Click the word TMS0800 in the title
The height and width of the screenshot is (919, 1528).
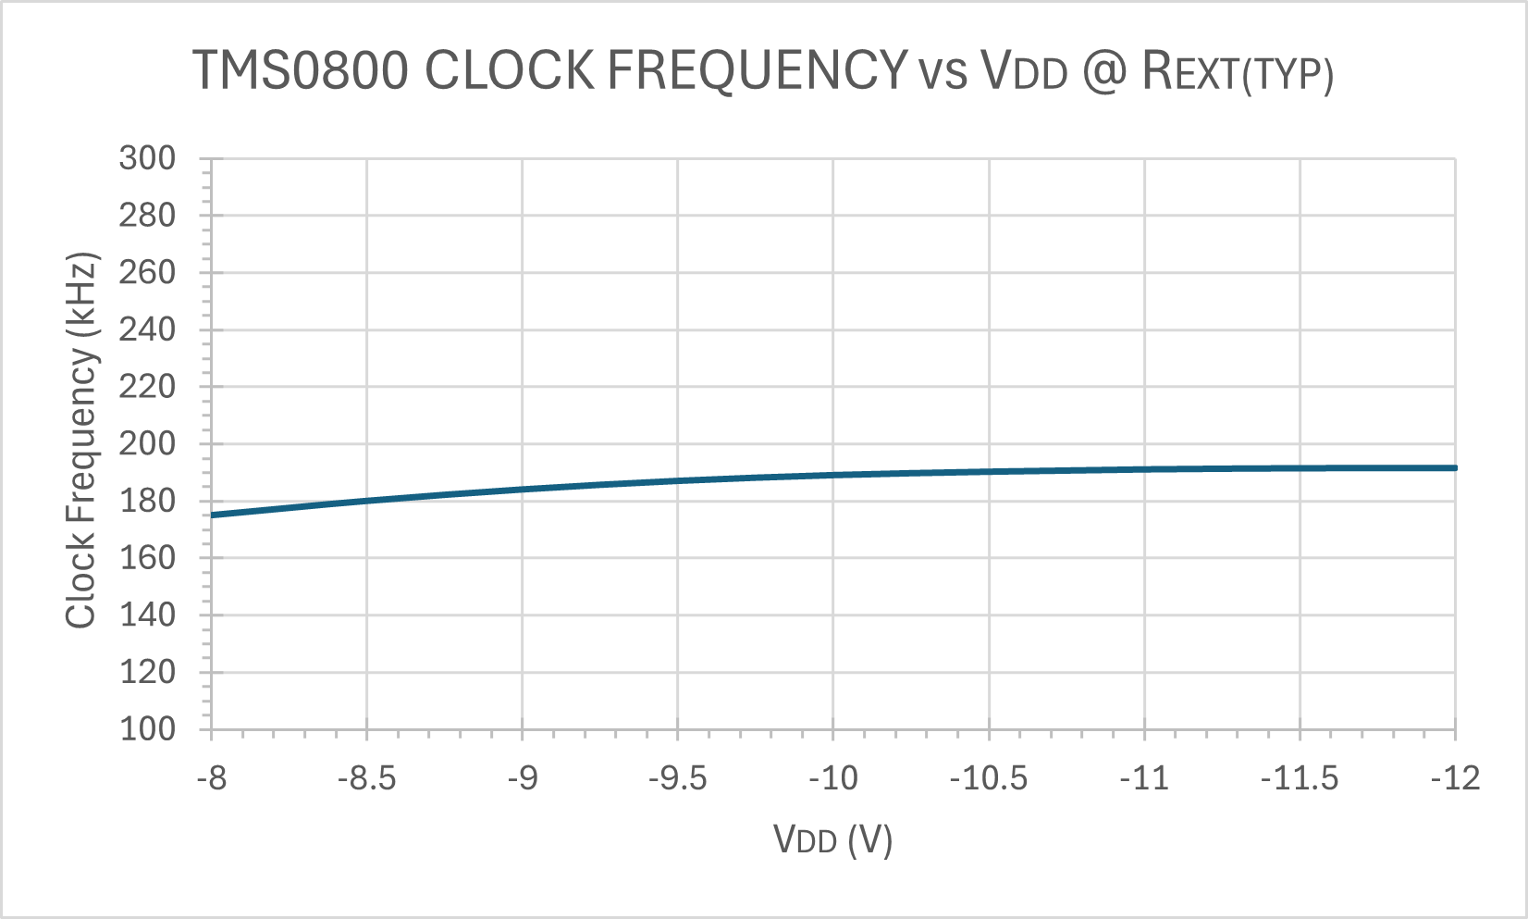coord(301,70)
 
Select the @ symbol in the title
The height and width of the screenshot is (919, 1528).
coord(1103,70)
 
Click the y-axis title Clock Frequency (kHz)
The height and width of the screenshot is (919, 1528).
coord(81,441)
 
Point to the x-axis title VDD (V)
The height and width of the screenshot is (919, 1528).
coord(832,840)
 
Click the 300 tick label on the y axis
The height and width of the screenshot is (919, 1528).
coord(147,158)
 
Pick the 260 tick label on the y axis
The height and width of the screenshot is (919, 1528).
coord(147,272)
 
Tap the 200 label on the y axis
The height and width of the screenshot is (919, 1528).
coord(147,443)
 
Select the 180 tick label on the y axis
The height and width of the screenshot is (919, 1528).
coord(147,501)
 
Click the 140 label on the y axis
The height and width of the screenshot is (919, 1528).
coord(147,615)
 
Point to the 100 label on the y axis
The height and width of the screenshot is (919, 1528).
coord(147,728)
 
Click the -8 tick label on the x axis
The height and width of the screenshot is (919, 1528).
coord(212,778)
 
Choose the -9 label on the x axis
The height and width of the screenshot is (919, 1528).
coord(523,778)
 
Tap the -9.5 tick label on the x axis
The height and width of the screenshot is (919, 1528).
coord(678,778)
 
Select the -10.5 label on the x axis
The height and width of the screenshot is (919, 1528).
coord(989,778)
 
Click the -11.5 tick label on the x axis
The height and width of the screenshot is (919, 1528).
coord(1300,778)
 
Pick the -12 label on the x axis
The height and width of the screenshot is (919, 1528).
coord(1455,778)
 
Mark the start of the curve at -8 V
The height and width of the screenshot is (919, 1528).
coord(213,515)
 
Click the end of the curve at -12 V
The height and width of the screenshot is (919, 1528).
coord(1455,467)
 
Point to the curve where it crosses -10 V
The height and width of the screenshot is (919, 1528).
coord(833,475)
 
